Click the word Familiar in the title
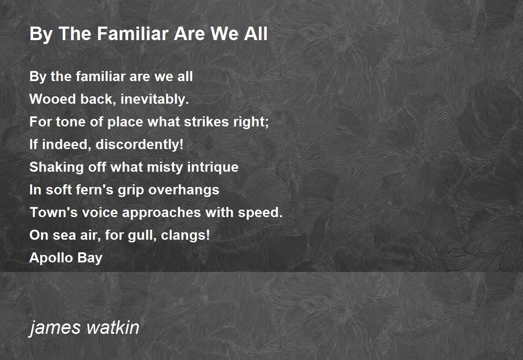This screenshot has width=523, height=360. point(133,34)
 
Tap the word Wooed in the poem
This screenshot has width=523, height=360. point(53,99)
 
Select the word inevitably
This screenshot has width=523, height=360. point(155,100)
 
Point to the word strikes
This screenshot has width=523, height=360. point(206,122)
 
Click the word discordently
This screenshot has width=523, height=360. point(139,144)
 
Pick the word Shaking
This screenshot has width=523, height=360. point(57,168)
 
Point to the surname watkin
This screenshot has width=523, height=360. point(113,327)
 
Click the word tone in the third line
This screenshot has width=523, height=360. point(71,122)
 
